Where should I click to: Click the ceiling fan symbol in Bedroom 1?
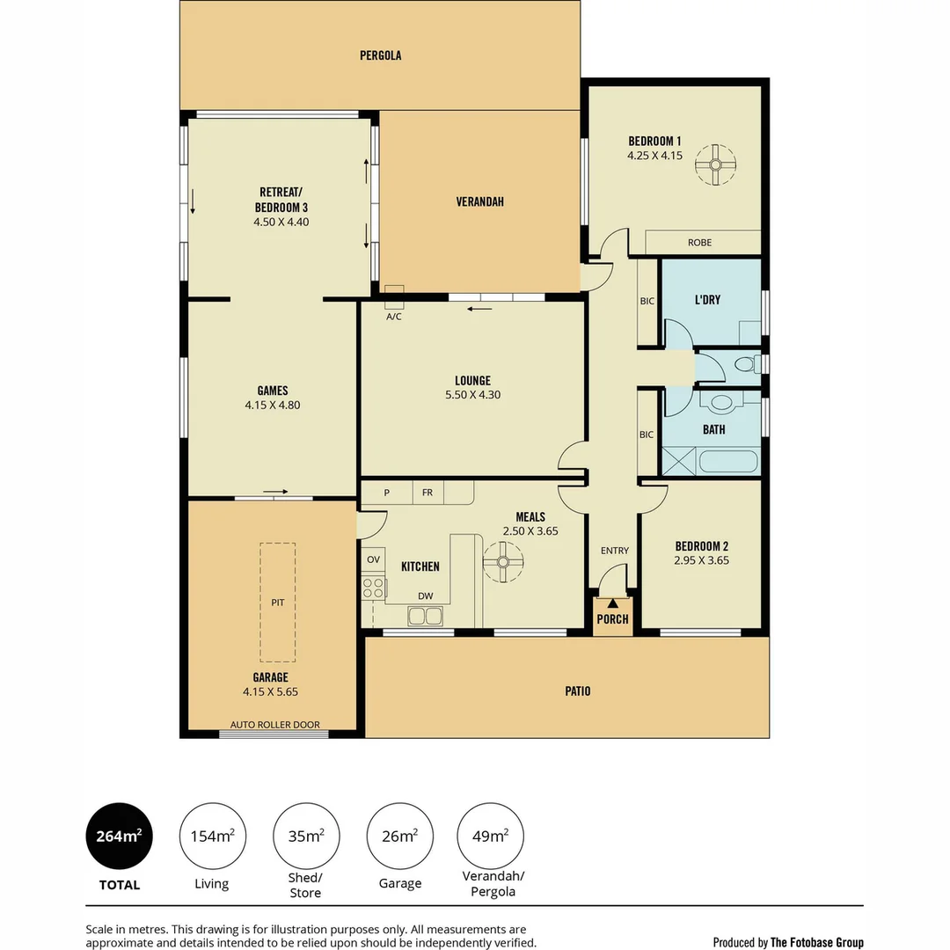[x=715, y=164]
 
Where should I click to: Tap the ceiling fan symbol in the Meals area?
[x=503, y=560]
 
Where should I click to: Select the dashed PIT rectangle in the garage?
[x=278, y=602]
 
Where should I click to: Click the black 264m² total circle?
[x=119, y=837]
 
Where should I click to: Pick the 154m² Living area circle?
[x=212, y=837]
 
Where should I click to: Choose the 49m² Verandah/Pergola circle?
[x=491, y=837]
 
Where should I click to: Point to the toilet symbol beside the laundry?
[x=746, y=364]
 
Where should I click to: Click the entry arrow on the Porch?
[x=612, y=603]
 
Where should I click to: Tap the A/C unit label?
[x=393, y=317]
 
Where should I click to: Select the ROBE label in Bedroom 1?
[x=700, y=243]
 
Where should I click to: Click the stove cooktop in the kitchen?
[x=373, y=588]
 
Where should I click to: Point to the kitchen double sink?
[x=426, y=616]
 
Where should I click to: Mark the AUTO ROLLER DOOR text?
[x=274, y=725]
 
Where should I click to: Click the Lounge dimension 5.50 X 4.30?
[x=472, y=395]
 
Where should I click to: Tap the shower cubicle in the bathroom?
[x=678, y=461]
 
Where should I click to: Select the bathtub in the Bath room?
[x=727, y=461]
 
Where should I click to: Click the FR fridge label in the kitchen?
[x=427, y=493]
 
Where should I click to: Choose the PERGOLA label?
[x=380, y=55]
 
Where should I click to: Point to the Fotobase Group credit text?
[x=788, y=942]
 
